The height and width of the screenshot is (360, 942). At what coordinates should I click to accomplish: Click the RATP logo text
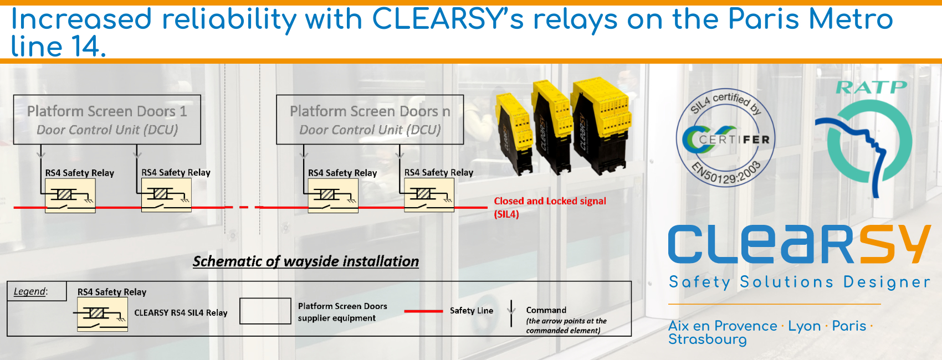click(x=871, y=88)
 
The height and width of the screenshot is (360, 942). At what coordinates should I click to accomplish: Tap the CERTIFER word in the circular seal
click(x=734, y=140)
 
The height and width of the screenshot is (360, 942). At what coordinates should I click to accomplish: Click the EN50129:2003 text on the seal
click(x=725, y=173)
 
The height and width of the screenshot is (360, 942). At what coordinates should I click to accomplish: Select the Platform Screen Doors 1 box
click(x=107, y=120)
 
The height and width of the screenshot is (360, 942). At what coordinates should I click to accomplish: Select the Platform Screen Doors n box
click(x=370, y=120)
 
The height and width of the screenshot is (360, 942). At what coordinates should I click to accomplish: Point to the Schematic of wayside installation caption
click(x=306, y=261)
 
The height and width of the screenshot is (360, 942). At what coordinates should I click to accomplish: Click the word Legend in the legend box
click(x=30, y=291)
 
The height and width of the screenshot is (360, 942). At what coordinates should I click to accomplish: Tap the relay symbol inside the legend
click(x=103, y=315)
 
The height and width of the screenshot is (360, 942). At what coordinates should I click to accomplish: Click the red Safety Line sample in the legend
click(x=423, y=311)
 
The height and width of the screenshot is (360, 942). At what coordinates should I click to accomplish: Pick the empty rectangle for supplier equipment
click(x=265, y=311)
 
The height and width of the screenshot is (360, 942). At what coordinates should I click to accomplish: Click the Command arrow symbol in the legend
click(x=511, y=313)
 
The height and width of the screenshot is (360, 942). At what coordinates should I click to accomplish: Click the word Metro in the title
click(x=850, y=19)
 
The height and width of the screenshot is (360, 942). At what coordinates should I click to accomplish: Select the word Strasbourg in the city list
click(x=707, y=339)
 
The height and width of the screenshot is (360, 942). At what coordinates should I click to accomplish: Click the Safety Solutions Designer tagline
click(x=799, y=282)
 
